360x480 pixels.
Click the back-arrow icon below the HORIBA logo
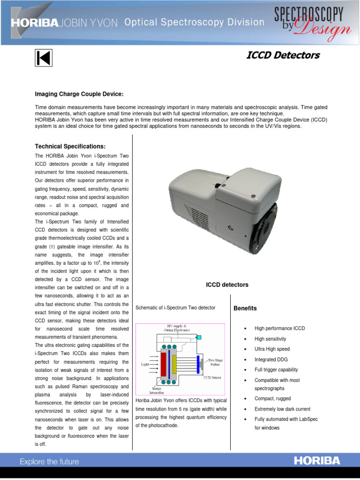click(44, 58)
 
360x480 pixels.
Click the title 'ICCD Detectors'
click(283, 55)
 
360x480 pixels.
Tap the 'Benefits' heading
click(245, 308)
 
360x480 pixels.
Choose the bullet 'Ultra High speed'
click(272, 349)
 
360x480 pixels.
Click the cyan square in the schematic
click(199, 337)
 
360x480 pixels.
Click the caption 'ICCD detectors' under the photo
click(227, 285)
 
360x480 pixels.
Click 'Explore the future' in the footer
click(49, 462)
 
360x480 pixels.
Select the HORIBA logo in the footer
click(317, 461)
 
